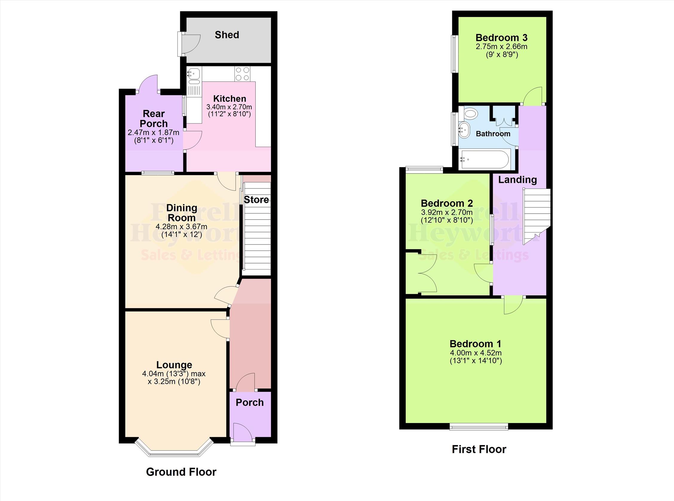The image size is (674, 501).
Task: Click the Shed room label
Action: coord(227,35)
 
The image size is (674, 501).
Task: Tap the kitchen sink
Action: coord(194,74)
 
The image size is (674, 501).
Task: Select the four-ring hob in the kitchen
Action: coord(242,74)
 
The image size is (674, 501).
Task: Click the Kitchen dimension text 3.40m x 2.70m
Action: coord(229,107)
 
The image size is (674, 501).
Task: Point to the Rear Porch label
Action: coord(154,119)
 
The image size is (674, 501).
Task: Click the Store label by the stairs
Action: coord(256,200)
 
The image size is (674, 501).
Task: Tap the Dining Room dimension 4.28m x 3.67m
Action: coord(181,226)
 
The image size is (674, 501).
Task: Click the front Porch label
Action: coord(249,402)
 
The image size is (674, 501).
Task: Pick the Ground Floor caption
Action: coord(181,472)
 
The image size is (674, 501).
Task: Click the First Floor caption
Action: coord(479,449)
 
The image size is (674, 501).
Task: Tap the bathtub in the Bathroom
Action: coord(484,159)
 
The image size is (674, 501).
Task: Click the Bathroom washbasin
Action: coord(464,130)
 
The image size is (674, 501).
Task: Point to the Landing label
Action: coord(517,180)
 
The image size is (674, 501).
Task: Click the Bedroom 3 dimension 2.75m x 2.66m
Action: coord(501,47)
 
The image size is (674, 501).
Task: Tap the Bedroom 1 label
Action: coord(475,344)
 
